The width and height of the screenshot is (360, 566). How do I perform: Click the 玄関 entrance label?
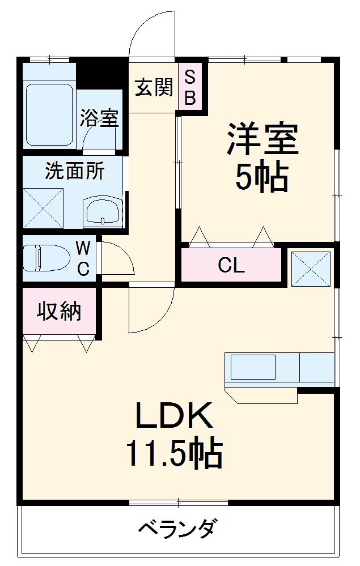(x=153, y=87)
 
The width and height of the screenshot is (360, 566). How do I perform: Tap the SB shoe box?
(x=190, y=87)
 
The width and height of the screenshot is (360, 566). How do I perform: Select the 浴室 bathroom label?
(x=99, y=117)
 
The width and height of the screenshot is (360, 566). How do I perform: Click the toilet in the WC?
(x=46, y=257)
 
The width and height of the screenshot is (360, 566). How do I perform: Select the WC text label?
(x=83, y=258)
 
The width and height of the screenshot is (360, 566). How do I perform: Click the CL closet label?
(x=231, y=265)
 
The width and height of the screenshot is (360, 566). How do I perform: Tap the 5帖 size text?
(x=262, y=177)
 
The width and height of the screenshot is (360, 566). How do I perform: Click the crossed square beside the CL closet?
(x=311, y=266)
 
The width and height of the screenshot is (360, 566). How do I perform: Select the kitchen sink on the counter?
(x=252, y=367)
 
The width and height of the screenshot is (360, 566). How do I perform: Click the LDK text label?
(x=174, y=416)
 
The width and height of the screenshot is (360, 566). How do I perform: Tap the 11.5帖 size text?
(x=173, y=454)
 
